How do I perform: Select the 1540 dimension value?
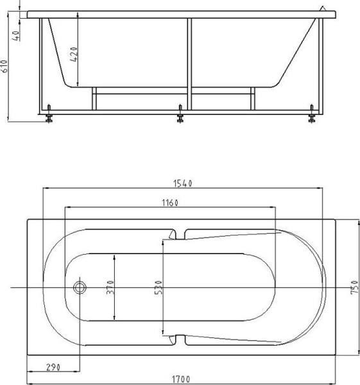(183, 183)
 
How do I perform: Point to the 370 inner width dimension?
(110, 287)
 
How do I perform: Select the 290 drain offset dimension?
(53, 367)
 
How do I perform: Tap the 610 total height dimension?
(6, 66)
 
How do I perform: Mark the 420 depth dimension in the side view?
(74, 55)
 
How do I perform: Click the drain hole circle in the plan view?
(80, 287)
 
